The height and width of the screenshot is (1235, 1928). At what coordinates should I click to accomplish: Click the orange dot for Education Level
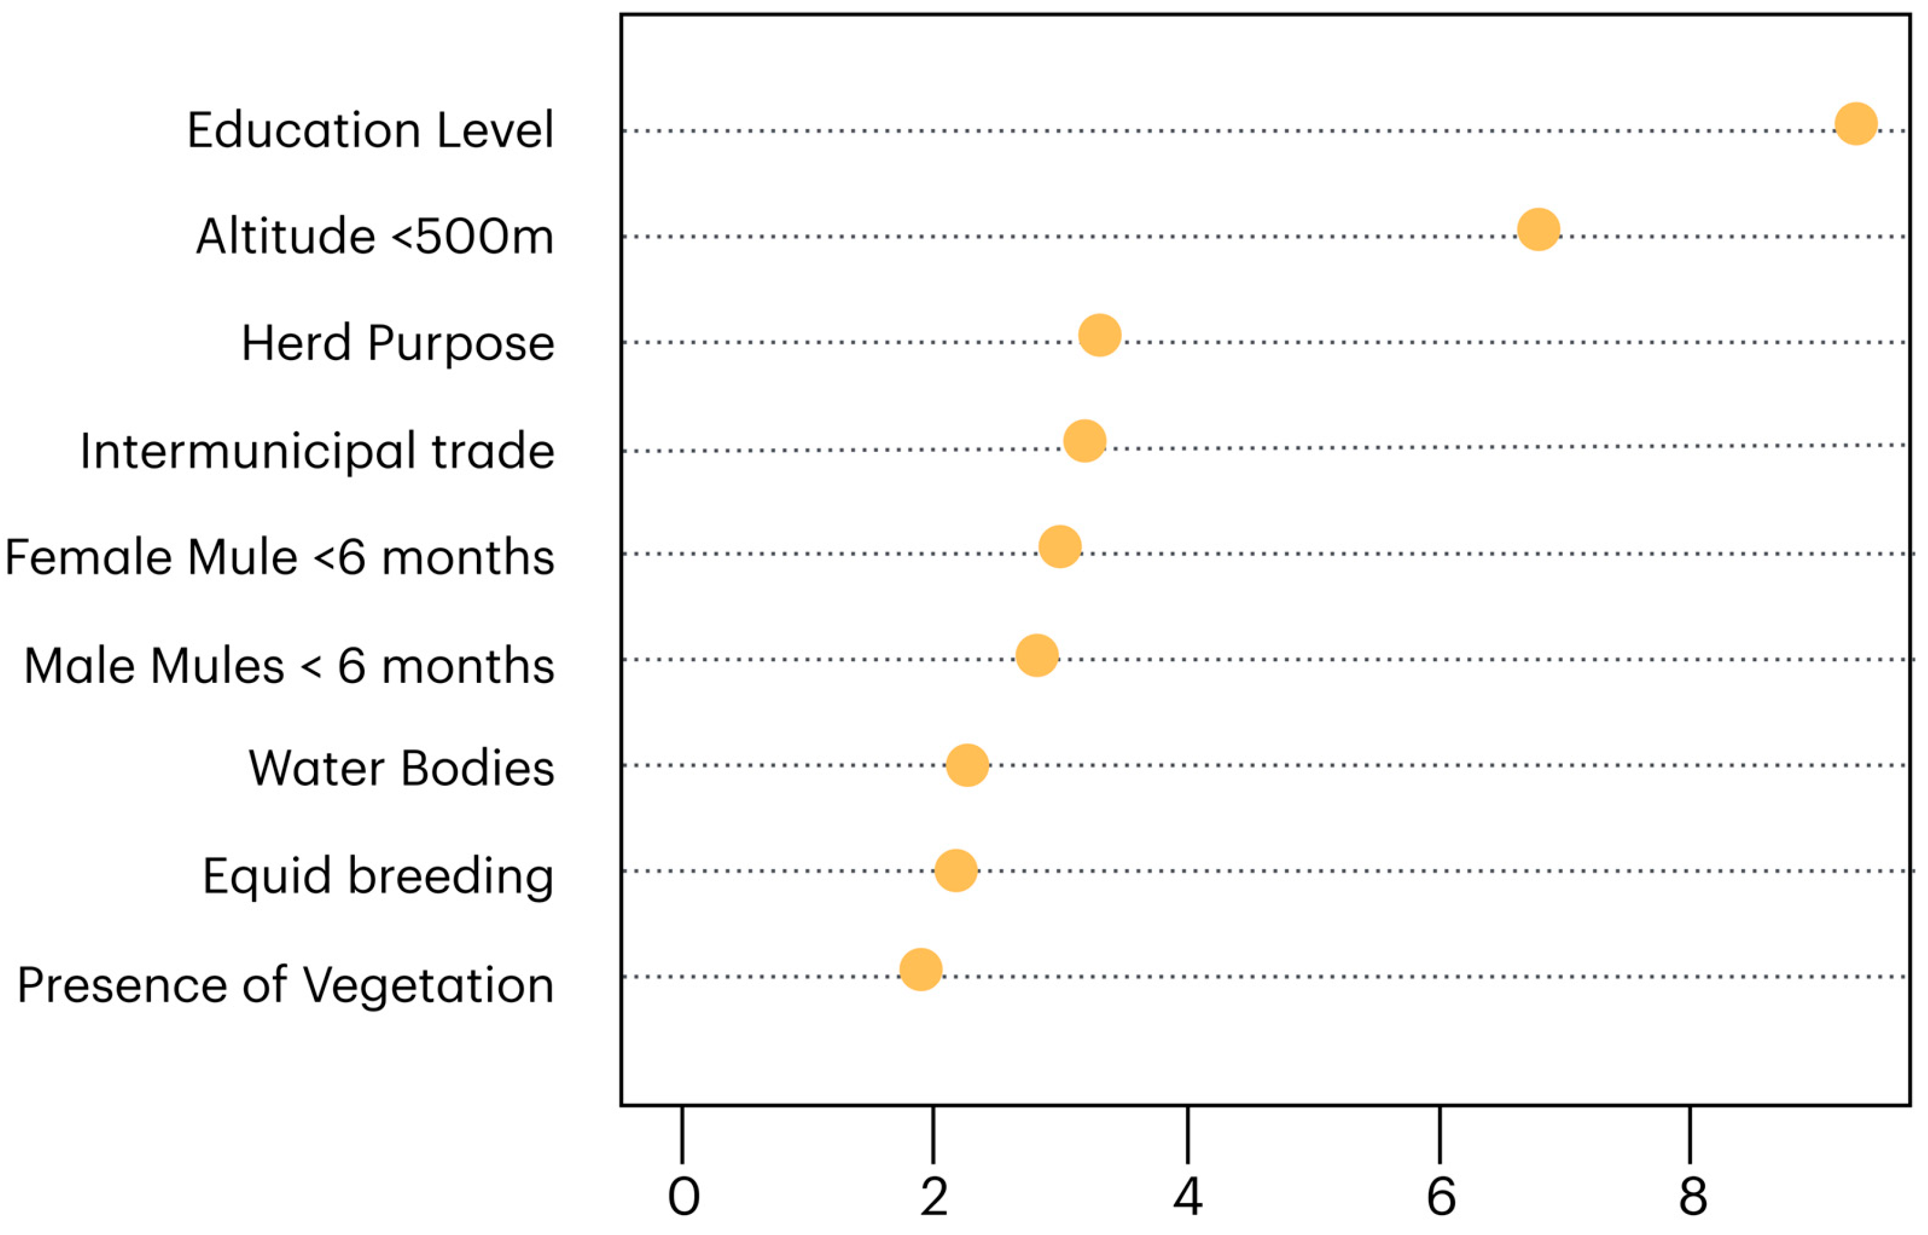[x=1856, y=123]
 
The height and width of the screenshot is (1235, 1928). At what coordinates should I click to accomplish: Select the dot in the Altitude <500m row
[x=1538, y=229]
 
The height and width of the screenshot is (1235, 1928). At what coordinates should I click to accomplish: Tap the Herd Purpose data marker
[x=1100, y=335]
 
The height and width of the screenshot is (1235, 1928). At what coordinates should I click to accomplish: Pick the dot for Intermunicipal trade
[x=1085, y=441]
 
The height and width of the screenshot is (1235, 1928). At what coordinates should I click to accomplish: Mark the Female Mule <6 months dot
[x=1060, y=547]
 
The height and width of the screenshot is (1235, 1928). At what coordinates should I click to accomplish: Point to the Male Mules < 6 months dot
[x=1037, y=655]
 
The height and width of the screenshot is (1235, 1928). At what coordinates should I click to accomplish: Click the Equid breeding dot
[x=956, y=870]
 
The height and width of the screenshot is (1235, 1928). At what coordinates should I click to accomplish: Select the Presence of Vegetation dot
[x=920, y=969]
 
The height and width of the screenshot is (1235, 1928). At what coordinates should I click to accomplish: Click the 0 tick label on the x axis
[x=683, y=1197]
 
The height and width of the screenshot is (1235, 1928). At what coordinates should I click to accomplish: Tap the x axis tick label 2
[x=934, y=1197]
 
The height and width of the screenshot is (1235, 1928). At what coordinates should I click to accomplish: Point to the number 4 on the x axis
[x=1187, y=1197]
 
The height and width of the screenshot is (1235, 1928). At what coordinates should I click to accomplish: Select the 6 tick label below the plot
[x=1441, y=1197]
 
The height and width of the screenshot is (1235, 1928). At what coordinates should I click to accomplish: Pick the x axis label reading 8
[x=1693, y=1197]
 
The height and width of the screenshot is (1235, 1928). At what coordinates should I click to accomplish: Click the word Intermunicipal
[x=248, y=451]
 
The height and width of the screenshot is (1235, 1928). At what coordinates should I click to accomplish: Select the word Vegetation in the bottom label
[x=428, y=985]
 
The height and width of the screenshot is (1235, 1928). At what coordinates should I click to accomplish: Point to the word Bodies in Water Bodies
[x=477, y=768]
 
